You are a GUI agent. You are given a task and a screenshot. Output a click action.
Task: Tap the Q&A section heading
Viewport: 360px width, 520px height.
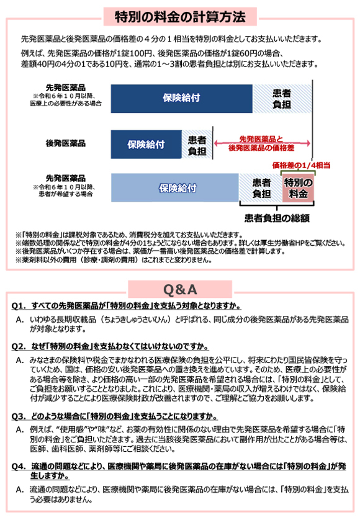tap(179, 289)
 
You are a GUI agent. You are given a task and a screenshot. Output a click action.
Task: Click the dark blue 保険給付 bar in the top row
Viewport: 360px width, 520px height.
tap(181, 98)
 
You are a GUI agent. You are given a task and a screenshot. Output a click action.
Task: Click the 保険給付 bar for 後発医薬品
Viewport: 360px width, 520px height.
tap(146, 144)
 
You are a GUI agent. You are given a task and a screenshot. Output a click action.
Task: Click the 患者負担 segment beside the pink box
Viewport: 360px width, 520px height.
tap(261, 188)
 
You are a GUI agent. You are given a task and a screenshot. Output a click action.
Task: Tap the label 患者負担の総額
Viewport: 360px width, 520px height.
tap(277, 218)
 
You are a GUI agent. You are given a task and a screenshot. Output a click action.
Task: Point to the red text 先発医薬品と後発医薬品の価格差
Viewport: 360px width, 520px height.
tap(260, 143)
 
